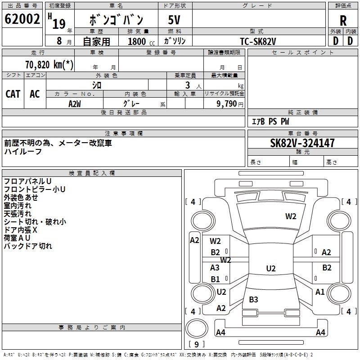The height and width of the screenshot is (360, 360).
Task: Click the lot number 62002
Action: click(x=22, y=19)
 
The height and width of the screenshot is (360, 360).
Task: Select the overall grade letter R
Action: click(x=343, y=21)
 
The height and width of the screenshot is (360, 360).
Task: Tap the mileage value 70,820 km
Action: click(x=49, y=65)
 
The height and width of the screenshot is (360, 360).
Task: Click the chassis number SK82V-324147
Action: click(x=302, y=143)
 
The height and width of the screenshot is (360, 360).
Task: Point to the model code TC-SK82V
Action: click(x=258, y=41)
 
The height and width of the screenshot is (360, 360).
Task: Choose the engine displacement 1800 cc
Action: click(x=141, y=42)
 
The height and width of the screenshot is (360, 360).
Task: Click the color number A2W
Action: click(x=75, y=104)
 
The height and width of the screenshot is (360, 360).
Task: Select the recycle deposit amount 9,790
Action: click(x=226, y=104)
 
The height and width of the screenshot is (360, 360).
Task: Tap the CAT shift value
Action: click(x=13, y=94)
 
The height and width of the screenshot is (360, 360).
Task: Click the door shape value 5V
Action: click(x=174, y=20)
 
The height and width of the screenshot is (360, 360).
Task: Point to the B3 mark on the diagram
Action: click(x=253, y=299)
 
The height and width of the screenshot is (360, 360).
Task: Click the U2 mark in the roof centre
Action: click(x=271, y=268)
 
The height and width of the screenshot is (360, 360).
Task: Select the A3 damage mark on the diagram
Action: click(x=215, y=267)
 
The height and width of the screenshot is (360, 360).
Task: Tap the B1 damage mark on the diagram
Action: click(x=215, y=279)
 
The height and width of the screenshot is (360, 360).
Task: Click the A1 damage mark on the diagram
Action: click(x=320, y=292)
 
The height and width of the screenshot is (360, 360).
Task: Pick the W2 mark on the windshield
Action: click(x=291, y=216)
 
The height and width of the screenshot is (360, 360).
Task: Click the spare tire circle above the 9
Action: click(x=197, y=328)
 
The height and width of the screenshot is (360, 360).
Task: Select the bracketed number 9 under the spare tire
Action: click(x=197, y=344)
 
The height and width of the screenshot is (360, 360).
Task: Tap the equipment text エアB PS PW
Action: click(x=270, y=121)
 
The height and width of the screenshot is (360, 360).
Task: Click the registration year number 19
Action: click(x=59, y=24)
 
